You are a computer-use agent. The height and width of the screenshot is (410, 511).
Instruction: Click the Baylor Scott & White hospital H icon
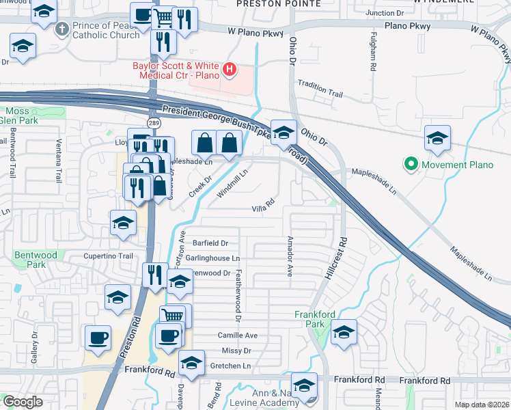[230, 69]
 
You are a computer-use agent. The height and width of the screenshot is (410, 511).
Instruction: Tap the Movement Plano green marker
[411, 165]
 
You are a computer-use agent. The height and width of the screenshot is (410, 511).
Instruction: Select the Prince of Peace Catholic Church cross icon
[63, 29]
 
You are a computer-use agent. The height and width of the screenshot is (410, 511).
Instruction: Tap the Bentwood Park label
[29, 260]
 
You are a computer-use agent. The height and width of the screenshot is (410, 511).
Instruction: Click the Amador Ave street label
[290, 257]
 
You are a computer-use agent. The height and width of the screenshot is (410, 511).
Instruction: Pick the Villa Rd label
[263, 208]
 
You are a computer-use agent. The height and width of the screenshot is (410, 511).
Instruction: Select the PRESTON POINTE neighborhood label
[277, 4]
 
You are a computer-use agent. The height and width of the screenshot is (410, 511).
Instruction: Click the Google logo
[23, 402]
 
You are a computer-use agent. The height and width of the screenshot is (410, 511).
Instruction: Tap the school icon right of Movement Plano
[437, 138]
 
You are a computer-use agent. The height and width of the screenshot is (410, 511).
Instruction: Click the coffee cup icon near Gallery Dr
[98, 338]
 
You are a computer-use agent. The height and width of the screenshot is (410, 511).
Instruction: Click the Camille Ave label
[237, 336]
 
